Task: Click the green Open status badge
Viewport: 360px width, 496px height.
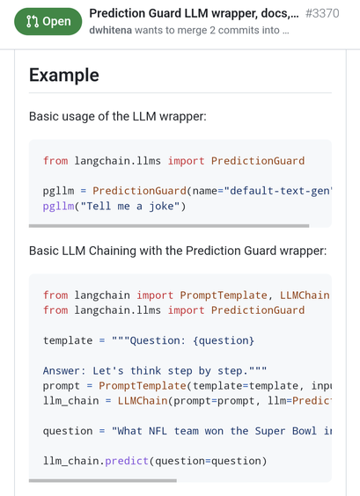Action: coord(48,21)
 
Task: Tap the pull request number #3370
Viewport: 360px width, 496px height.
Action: coord(322,13)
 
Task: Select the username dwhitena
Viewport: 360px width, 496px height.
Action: coord(111,31)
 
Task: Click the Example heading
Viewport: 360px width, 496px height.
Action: coord(64,76)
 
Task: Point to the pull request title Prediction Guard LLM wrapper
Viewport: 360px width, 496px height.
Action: coord(194,13)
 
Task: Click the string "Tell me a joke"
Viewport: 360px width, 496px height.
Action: coord(129,207)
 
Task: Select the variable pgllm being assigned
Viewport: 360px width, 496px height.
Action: coord(59,192)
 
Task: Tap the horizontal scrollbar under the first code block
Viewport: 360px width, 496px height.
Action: coord(169,226)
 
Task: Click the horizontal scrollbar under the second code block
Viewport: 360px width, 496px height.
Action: coord(103,480)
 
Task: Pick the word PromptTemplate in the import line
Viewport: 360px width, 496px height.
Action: coord(224,295)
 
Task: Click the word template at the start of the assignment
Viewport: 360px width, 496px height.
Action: coord(68,340)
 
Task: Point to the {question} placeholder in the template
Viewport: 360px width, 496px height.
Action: coord(224,340)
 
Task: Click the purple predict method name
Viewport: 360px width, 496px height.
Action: coord(127,461)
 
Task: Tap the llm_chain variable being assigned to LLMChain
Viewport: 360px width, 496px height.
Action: coord(71,401)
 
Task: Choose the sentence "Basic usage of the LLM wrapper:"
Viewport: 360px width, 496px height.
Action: coord(117,116)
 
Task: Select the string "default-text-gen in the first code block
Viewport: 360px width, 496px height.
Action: coord(277,191)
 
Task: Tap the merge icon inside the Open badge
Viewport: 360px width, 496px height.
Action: coord(33,21)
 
